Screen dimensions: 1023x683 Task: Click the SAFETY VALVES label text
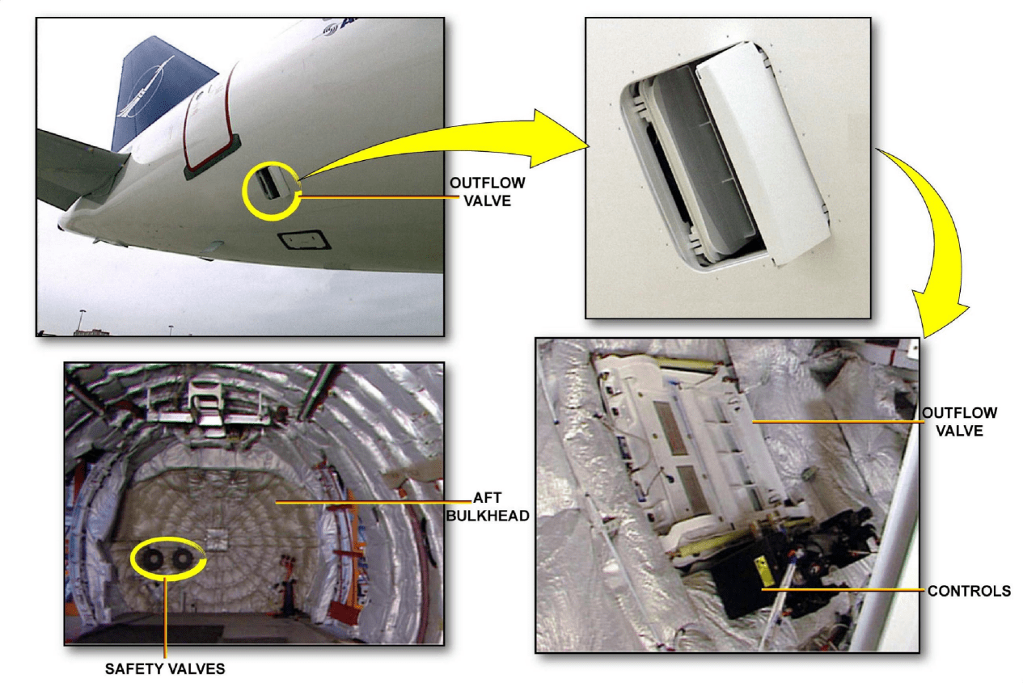(165, 668)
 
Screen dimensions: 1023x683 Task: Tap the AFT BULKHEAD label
(488, 506)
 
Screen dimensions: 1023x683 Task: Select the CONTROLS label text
(969, 591)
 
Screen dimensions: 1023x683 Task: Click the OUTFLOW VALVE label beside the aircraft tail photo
(488, 192)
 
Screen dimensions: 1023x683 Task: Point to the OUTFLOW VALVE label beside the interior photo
(960, 421)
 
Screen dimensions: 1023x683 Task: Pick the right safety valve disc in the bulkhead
(181, 559)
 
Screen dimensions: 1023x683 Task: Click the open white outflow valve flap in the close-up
(762, 153)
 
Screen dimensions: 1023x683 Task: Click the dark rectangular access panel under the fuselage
(305, 241)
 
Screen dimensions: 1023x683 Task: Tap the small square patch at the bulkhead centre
(216, 540)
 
